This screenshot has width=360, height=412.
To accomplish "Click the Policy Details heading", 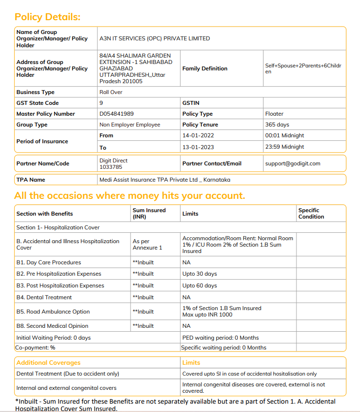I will point(47,17).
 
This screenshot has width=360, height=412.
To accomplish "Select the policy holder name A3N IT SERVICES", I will point(155,38).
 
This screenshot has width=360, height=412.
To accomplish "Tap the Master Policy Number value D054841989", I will point(117,114).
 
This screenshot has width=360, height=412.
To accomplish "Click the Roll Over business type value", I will point(111,92).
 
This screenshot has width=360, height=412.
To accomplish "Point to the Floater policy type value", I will point(274,114).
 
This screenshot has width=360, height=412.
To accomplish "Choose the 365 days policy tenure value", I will point(277,125).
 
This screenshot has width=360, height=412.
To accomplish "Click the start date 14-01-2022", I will point(197,135).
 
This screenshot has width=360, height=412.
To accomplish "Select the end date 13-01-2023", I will point(197,147).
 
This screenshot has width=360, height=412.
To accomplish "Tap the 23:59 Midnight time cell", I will point(285,147).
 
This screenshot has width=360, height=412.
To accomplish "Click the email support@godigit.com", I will point(293,163).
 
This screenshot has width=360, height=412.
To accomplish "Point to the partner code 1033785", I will point(111,167).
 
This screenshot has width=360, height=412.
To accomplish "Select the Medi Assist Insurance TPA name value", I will point(164,180).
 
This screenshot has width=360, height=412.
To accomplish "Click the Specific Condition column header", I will point(311,213).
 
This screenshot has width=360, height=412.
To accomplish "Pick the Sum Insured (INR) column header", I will point(149,213).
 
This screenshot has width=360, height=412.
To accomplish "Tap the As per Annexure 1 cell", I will point(147,245).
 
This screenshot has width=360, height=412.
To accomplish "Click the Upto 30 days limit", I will point(199,274).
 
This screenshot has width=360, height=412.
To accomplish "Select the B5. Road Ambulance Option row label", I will point(53,312).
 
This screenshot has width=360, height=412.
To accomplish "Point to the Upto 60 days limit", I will point(199,285).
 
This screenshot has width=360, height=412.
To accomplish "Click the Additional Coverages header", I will point(48,363).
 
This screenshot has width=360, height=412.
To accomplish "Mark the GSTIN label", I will point(191,103).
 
